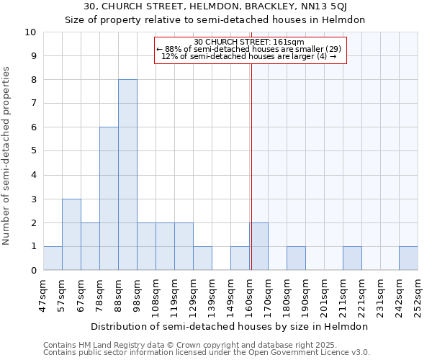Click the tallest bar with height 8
tap(127, 175)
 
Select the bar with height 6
tap(109, 199)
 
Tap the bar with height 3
tap(71, 235)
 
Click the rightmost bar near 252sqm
tap(408, 258)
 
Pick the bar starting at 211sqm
tap(352, 258)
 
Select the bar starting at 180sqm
tap(296, 258)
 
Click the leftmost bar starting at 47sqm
tap(53, 258)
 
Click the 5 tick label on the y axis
tap(33, 151)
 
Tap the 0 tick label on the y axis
tap(33, 271)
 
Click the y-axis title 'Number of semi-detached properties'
tap(7, 156)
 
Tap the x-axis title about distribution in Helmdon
tap(230, 326)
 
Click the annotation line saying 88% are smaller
tap(250, 49)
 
